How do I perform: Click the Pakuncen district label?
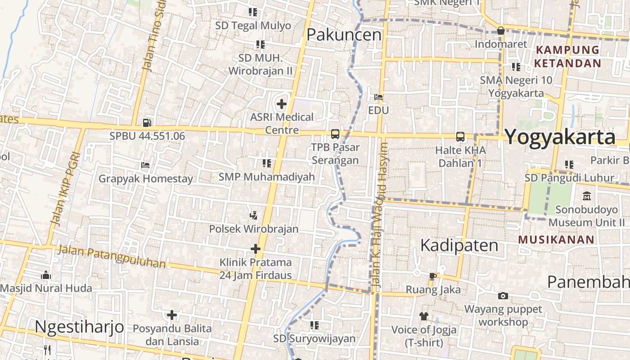[x=344, y=35]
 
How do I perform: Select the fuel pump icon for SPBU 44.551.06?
[x=147, y=122]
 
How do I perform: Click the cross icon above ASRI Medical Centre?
[x=282, y=104]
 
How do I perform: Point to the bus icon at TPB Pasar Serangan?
[x=335, y=134]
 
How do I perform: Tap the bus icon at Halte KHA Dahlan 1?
[x=460, y=136]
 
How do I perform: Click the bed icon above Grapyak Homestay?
[x=145, y=165]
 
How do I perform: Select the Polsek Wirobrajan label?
[x=254, y=229]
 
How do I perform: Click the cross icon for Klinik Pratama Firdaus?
[x=256, y=248]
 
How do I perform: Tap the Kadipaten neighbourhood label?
[x=459, y=245]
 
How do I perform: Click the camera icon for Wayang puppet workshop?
[x=503, y=296]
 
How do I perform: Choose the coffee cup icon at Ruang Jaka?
[x=432, y=276]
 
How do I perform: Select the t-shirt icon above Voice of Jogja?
[x=423, y=316]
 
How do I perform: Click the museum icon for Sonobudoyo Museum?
[x=587, y=196]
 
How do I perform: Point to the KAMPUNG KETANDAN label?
[x=568, y=56]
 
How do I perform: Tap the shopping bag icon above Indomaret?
[x=500, y=31]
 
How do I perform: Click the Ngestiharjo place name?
[x=79, y=326]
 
